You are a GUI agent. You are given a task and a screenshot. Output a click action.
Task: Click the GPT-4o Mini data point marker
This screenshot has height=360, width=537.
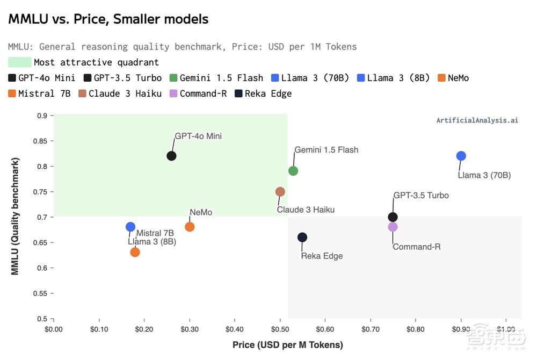[171, 156]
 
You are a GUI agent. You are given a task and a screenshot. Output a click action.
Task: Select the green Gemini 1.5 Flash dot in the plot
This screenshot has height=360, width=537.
[293, 171]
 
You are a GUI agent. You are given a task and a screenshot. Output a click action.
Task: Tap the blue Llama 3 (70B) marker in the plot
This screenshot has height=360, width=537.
[461, 156]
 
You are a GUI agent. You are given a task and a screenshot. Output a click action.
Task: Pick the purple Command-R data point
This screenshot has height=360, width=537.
[393, 227]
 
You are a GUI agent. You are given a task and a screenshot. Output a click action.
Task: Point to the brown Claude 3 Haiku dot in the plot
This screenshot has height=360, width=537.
[280, 192]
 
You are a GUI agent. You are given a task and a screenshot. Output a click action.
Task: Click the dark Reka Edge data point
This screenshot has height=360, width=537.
[302, 237]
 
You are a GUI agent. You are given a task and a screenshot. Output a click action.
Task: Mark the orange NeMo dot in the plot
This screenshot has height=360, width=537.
[190, 227]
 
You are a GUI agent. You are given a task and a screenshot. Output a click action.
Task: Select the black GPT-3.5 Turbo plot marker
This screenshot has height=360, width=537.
[393, 217]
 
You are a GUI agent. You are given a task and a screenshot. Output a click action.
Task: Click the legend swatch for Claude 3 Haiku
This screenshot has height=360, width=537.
[83, 93]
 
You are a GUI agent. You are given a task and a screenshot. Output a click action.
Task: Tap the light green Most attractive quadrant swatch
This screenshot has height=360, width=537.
[20, 62]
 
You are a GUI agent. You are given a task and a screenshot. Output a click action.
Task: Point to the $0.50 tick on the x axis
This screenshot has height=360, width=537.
[279, 329]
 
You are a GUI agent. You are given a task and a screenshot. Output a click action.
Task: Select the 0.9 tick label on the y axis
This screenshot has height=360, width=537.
[41, 116]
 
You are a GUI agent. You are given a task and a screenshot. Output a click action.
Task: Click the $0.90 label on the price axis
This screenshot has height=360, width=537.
[460, 329]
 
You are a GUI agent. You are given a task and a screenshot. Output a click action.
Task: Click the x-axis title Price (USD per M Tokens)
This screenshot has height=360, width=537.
[287, 345]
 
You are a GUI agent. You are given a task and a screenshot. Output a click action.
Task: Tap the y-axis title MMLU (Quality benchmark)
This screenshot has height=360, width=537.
[15, 217]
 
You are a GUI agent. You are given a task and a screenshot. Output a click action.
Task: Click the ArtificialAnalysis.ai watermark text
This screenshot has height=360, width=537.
[477, 120]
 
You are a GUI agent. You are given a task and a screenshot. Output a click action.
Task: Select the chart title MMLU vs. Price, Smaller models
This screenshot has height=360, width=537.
[108, 19]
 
